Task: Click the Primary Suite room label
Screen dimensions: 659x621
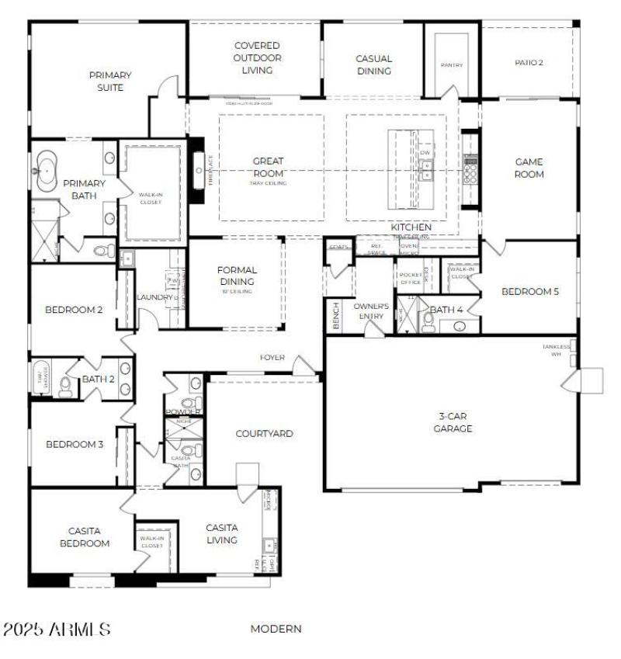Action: pos(109,82)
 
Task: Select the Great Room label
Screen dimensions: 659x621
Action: pos(268,168)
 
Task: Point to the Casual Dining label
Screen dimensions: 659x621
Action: pos(373,64)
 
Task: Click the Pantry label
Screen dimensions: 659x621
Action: pos(451,65)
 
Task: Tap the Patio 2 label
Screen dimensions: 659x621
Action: pos(529,63)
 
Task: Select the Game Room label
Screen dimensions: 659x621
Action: pos(529,168)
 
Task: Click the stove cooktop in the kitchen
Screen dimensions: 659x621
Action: pos(470,168)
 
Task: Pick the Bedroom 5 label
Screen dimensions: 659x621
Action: pos(530,292)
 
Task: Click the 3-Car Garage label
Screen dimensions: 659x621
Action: pos(453,421)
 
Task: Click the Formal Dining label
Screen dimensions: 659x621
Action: pos(237,276)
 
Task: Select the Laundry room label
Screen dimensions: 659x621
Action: pos(154,297)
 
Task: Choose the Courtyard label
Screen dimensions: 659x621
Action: pos(264,433)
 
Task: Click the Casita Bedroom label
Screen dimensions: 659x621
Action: pos(85,537)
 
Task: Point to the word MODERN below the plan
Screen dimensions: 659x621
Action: pos(276,629)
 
